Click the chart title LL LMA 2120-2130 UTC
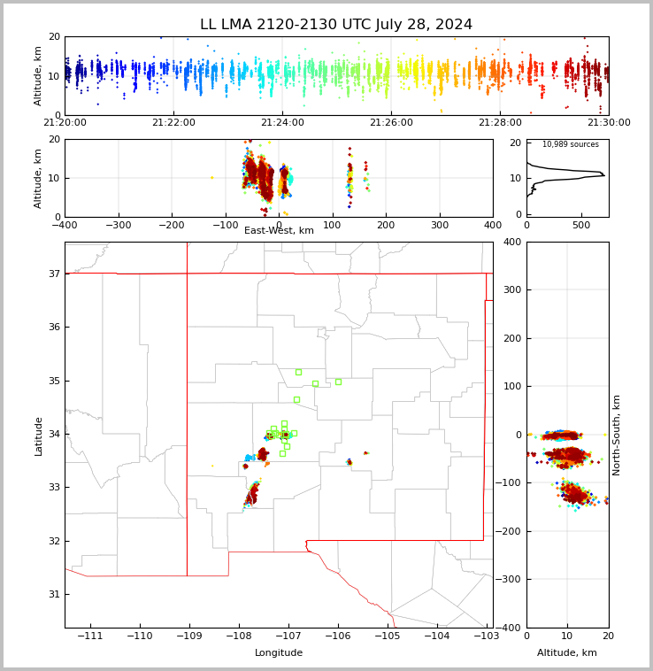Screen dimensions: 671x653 [336, 25]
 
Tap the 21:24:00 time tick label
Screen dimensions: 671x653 [282, 122]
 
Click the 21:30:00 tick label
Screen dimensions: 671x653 [608, 122]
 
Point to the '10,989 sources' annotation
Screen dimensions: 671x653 [570, 144]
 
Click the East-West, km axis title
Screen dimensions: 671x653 [279, 231]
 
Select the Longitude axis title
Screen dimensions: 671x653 [279, 653]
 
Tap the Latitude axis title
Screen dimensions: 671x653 [38, 436]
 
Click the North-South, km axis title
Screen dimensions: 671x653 [617, 435]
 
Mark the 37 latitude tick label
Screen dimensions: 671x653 [53, 274]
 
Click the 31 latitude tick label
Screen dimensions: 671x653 [53, 594]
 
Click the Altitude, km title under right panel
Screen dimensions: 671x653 [567, 653]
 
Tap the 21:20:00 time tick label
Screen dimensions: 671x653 [65, 122]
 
